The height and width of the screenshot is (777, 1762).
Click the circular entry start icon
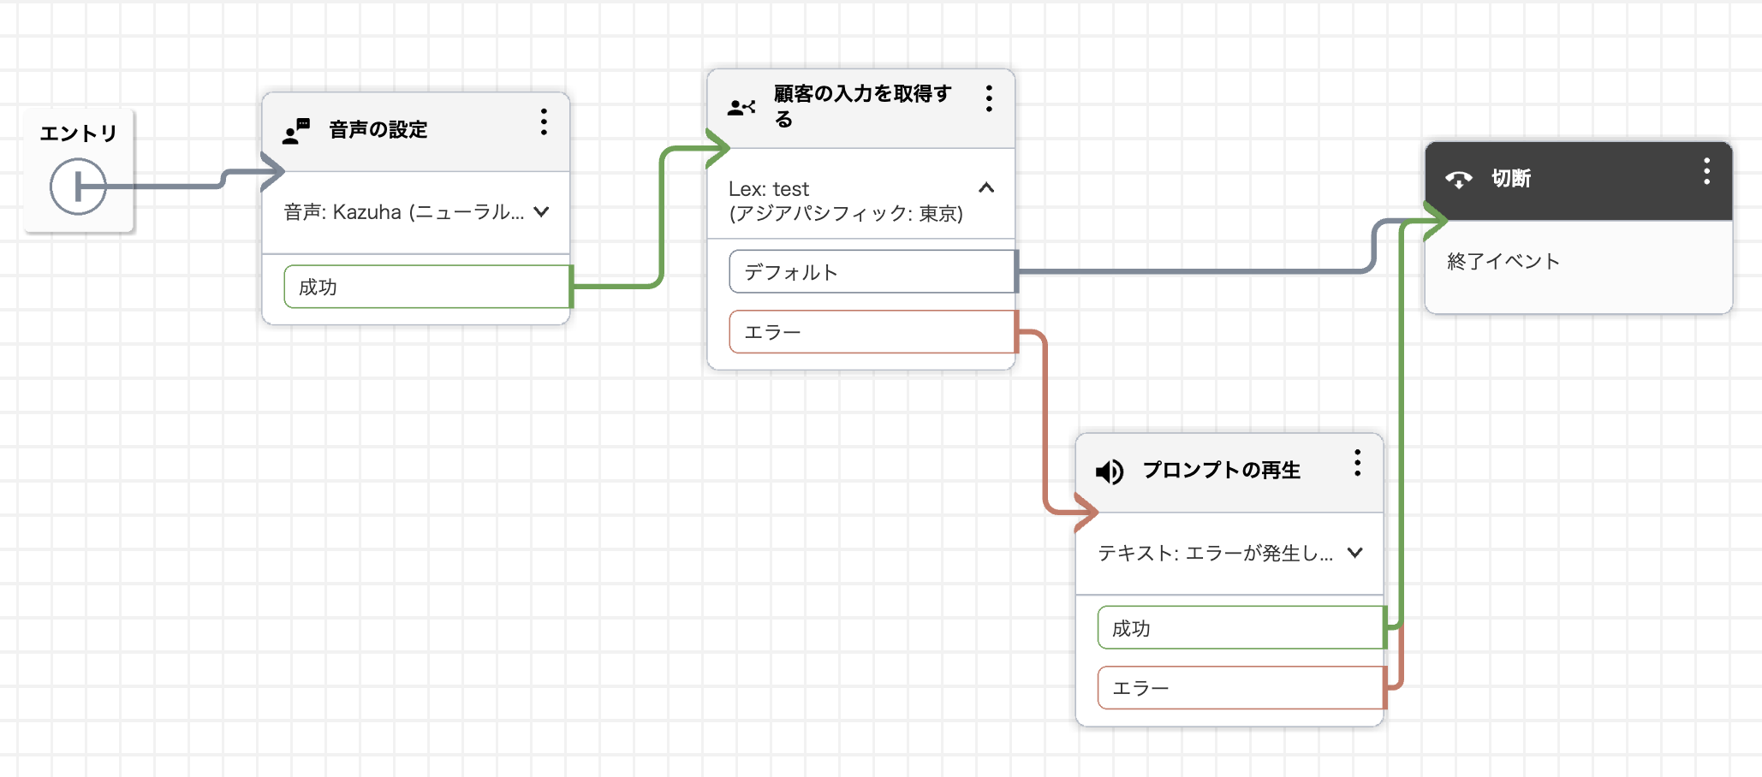point(78,186)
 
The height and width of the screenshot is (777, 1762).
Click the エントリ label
point(78,133)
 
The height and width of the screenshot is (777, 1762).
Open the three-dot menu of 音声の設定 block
point(544,122)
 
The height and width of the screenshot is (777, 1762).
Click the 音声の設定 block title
point(378,130)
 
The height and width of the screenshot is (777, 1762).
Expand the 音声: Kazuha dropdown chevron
point(541,211)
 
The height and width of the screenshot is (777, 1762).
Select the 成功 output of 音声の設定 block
point(427,287)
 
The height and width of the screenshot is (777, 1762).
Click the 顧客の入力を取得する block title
point(863,106)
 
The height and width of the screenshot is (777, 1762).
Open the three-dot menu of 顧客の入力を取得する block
point(989,98)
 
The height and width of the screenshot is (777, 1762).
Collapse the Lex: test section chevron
point(986,187)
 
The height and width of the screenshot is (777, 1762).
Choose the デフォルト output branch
point(872,271)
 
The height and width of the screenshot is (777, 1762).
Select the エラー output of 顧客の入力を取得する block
point(872,331)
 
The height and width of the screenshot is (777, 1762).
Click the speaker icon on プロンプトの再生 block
point(1110,472)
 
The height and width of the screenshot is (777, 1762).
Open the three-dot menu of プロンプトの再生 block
point(1357,463)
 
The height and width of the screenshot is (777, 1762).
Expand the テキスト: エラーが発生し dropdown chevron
point(1354,553)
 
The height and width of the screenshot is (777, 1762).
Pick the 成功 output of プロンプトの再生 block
point(1241,627)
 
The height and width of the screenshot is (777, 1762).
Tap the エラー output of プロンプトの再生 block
point(1241,687)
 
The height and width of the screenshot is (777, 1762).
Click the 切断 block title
point(1511,178)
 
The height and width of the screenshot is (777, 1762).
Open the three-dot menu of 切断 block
point(1706,171)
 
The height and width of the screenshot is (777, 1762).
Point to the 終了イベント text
point(1503,261)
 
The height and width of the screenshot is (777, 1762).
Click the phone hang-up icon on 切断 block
point(1459,179)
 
